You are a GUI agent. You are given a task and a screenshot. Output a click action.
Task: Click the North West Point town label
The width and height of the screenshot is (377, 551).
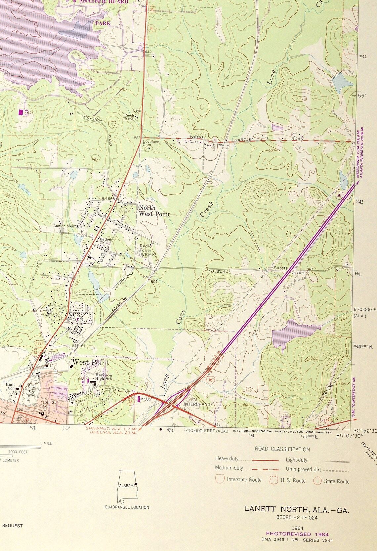click(154, 211)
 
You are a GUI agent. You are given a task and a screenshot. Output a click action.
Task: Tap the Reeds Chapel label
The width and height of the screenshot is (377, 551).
click(130, 117)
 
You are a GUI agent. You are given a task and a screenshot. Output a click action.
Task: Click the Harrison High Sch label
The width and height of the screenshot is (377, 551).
click(103, 377)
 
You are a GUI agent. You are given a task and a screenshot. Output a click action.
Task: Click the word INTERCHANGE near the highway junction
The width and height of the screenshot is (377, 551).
click(198, 404)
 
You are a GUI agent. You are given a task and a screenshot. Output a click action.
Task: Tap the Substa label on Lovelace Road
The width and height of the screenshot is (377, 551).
click(280, 268)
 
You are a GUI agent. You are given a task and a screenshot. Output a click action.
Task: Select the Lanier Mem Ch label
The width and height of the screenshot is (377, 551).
click(67, 226)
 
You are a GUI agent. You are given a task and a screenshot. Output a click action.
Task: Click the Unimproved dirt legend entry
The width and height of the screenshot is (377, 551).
click(317, 469)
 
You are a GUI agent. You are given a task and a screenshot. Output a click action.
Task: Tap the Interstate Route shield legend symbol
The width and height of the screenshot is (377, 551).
click(220, 479)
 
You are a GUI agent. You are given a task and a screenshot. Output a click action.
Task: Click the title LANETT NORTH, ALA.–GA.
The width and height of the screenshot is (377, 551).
click(297, 509)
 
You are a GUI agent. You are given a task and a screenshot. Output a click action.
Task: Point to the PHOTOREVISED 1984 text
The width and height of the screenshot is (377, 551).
click(297, 534)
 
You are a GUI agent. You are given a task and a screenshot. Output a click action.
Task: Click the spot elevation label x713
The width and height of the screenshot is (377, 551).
click(265, 195)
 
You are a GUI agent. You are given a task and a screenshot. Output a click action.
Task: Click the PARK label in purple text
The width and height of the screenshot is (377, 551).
click(103, 23)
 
